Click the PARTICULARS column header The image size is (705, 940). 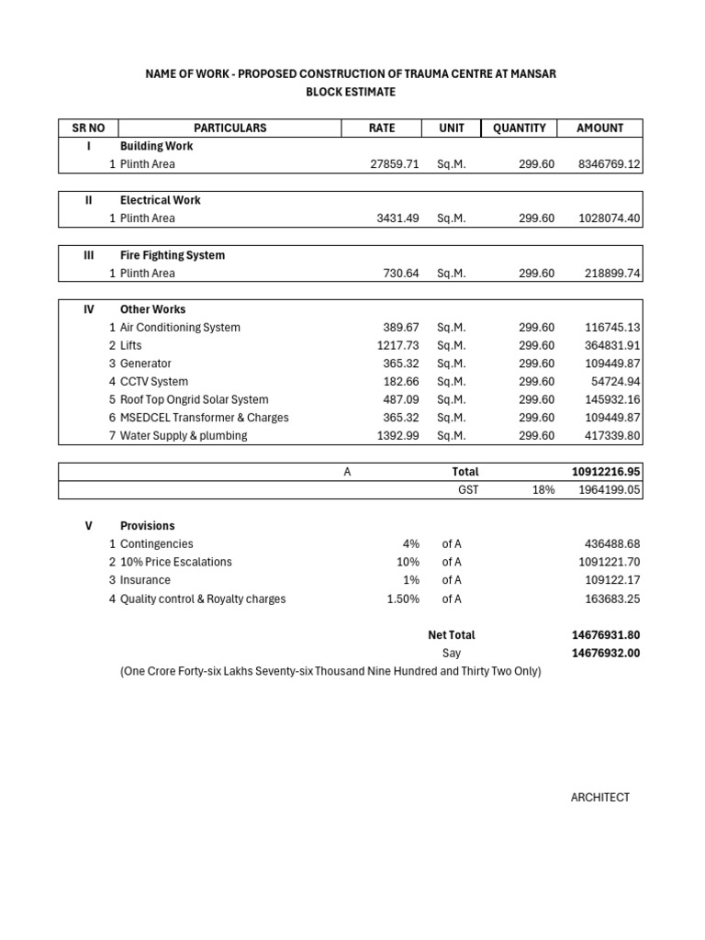[229, 128]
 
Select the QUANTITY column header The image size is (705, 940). [519, 128]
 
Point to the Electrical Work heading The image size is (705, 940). [160, 200]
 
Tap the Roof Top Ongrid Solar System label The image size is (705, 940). [194, 399]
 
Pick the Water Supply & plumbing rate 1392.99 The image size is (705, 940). [397, 436]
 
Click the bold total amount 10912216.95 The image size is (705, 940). [606, 472]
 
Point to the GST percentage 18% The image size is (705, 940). [543, 490]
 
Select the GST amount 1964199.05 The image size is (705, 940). [609, 490]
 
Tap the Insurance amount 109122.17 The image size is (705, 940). [612, 580]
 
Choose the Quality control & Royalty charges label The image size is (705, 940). [202, 599]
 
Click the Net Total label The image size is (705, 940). [452, 635]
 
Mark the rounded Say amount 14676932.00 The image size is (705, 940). [606, 654]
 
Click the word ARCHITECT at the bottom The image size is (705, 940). [600, 798]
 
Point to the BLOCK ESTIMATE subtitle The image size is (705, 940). [352, 92]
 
